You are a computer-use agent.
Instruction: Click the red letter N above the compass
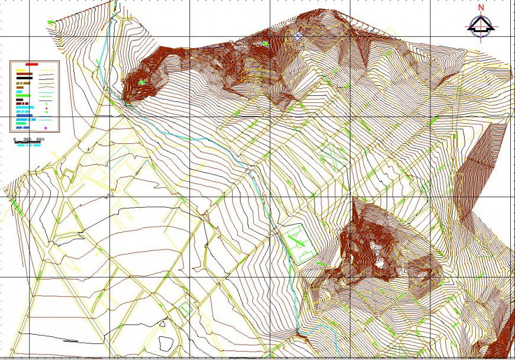click(x=481, y=8)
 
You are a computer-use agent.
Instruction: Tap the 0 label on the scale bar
click(x=15, y=139)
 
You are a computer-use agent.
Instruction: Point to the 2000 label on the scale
click(x=27, y=139)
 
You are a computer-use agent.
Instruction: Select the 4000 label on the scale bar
click(x=40, y=139)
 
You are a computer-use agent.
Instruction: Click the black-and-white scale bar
click(x=27, y=142)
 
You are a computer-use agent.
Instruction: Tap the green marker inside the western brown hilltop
click(x=142, y=83)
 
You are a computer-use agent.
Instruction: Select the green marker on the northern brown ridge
click(x=265, y=43)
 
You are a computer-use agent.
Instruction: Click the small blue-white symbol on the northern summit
click(x=297, y=36)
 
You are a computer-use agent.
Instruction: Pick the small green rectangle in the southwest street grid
click(x=185, y=308)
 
